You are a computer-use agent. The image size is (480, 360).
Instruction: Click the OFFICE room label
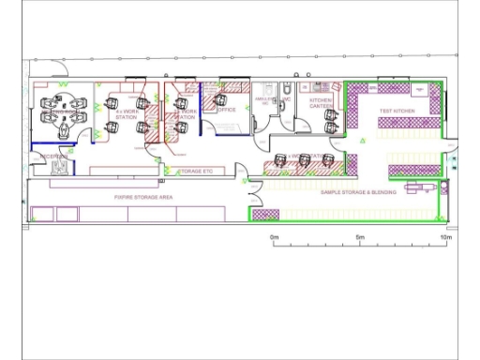click(227, 111)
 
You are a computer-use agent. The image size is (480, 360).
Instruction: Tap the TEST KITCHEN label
click(397, 112)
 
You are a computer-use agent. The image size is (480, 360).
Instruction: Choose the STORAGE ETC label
click(196, 172)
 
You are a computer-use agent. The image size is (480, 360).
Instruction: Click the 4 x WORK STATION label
click(126, 114)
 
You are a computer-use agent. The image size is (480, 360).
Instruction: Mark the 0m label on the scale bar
click(275, 238)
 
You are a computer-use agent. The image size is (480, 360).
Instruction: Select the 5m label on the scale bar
click(360, 238)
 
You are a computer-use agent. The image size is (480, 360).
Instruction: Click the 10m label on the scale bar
click(446, 238)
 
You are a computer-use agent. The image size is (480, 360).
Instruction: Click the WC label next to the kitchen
click(288, 98)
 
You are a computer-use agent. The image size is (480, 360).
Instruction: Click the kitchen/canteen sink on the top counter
click(318, 85)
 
